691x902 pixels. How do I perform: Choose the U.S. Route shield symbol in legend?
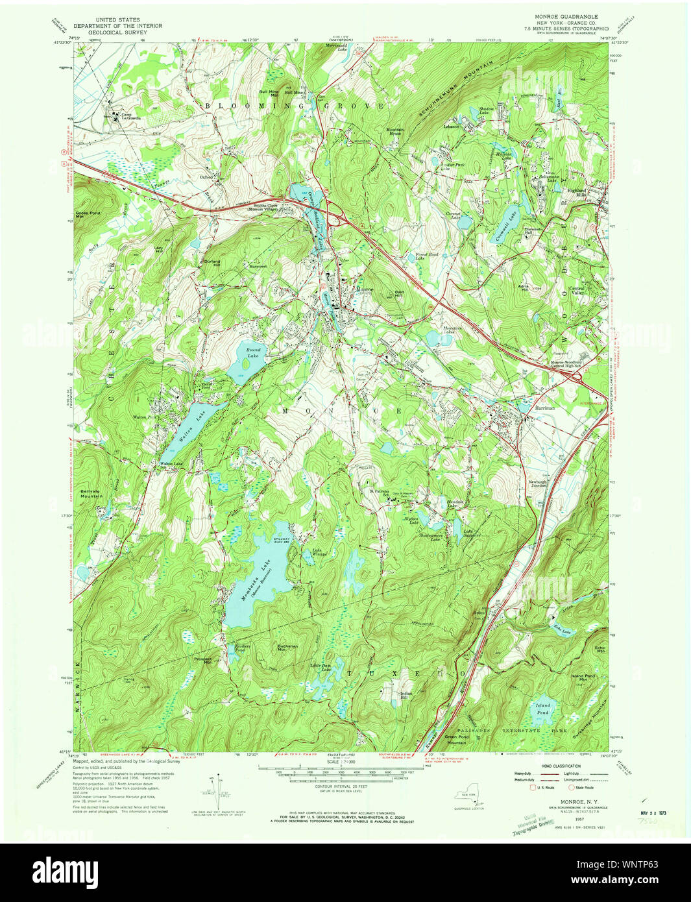pos(534,788)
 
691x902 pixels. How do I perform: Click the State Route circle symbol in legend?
pos(572,788)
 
